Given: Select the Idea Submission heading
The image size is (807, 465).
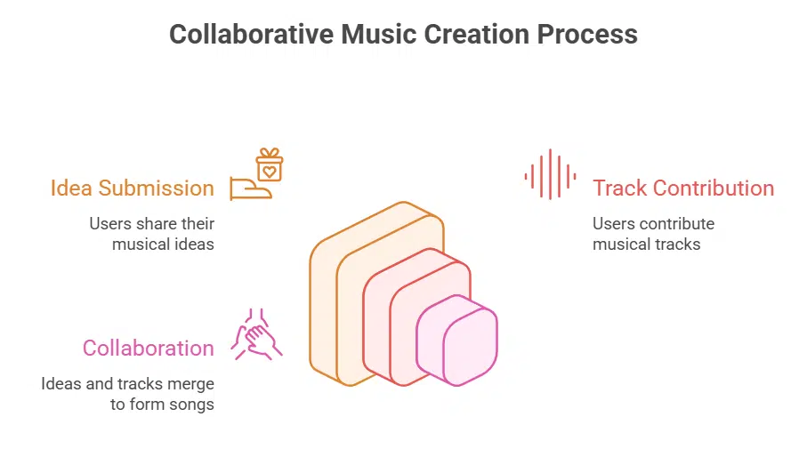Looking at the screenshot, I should (132, 188).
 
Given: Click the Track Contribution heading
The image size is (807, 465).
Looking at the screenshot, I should (683, 188).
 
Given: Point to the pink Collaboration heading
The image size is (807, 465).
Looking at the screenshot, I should (148, 348).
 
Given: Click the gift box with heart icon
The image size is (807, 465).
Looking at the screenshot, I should (269, 164).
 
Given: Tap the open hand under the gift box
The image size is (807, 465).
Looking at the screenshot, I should (249, 188).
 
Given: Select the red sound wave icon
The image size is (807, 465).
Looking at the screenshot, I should (550, 174).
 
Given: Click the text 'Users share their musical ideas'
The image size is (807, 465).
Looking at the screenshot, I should (151, 233).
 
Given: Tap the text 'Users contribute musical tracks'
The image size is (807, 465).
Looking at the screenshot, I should (653, 233).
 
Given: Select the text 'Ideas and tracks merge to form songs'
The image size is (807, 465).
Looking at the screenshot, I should (127, 393).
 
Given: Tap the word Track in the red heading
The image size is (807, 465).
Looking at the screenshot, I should (619, 188).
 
